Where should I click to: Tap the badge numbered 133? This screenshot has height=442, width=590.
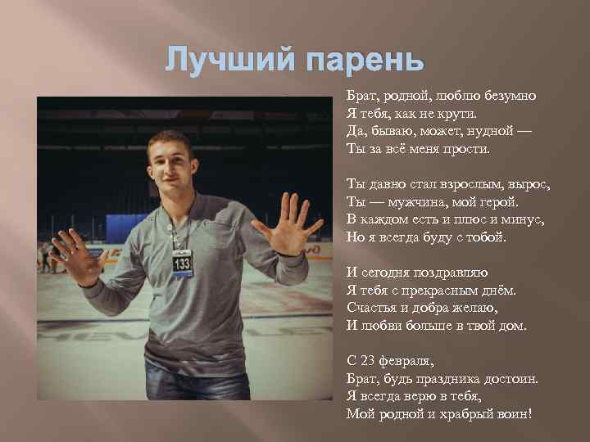pyautogui.click(x=182, y=263)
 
